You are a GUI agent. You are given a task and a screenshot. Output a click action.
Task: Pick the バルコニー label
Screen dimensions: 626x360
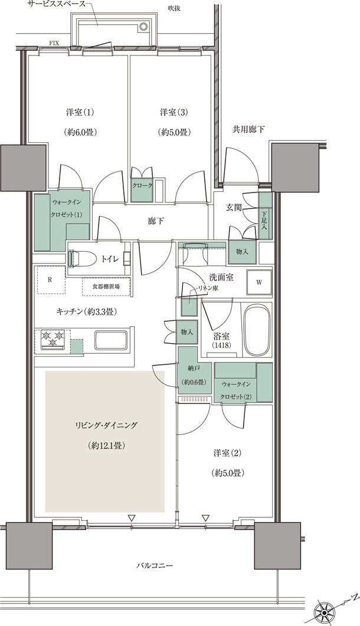pos(153,565)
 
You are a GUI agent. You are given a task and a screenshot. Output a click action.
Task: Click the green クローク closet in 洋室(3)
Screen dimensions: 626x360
pos(142,185)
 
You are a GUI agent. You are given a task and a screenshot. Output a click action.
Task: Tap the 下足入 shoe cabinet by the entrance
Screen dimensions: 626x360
pos(265,220)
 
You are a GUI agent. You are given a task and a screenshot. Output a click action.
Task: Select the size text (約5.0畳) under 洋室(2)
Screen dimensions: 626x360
pos(229,473)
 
